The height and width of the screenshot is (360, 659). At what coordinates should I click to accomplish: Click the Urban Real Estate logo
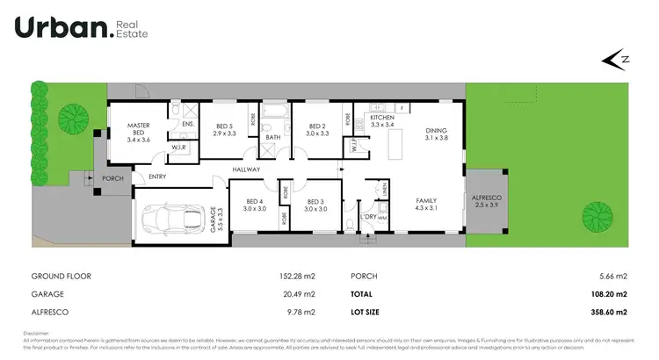[81, 28]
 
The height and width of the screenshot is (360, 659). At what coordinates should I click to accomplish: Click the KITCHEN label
[381, 117]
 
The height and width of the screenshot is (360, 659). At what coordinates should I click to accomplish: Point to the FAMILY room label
[426, 201]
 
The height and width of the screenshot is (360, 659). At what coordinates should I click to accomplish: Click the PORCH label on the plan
[112, 178]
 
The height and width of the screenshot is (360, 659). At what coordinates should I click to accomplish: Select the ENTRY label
[157, 176]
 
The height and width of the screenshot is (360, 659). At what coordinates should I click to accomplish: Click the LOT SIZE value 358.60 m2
[608, 312]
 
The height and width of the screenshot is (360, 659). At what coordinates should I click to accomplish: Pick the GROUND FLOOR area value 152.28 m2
[297, 276]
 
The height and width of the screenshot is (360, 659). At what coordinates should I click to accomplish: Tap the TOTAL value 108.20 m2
[608, 294]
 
